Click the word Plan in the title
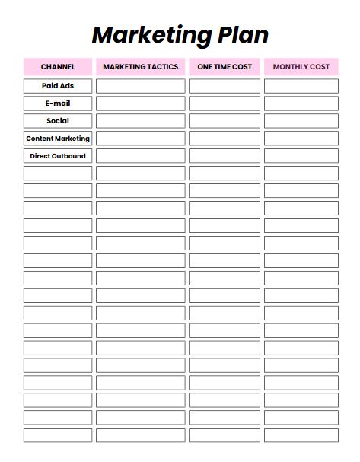coord(241,34)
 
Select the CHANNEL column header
coord(58,67)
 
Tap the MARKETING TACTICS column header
coord(140,67)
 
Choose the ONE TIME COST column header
coord(225,67)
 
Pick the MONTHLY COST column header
coord(301,67)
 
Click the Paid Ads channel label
coord(58,86)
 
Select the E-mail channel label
coord(58,104)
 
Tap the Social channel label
coord(58,121)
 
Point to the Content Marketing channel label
coord(58,139)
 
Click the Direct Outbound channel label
coord(58,156)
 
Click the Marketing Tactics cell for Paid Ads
coord(140,86)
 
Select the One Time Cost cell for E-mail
coord(225,104)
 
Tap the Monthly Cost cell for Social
coord(301,121)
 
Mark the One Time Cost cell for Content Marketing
coord(225,139)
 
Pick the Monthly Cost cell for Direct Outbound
coord(301,156)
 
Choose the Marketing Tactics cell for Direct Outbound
coord(140,156)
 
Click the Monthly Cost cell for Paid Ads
coord(301,86)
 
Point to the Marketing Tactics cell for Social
coord(140,121)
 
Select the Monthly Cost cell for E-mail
coord(301,104)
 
